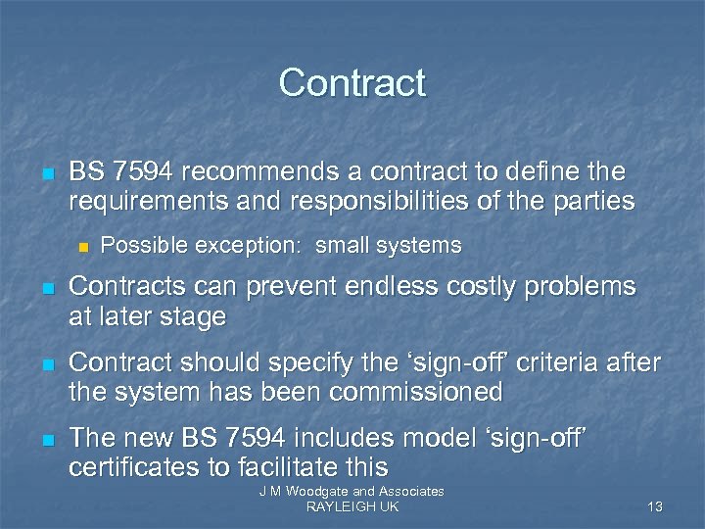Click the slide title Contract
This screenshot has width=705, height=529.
pyautogui.click(x=352, y=82)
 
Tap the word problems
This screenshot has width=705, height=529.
pyautogui.click(x=578, y=287)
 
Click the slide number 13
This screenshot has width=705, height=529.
pyautogui.click(x=655, y=506)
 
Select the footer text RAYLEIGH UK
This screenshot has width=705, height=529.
pyautogui.click(x=352, y=506)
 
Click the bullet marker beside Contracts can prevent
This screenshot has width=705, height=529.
pyautogui.click(x=46, y=289)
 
